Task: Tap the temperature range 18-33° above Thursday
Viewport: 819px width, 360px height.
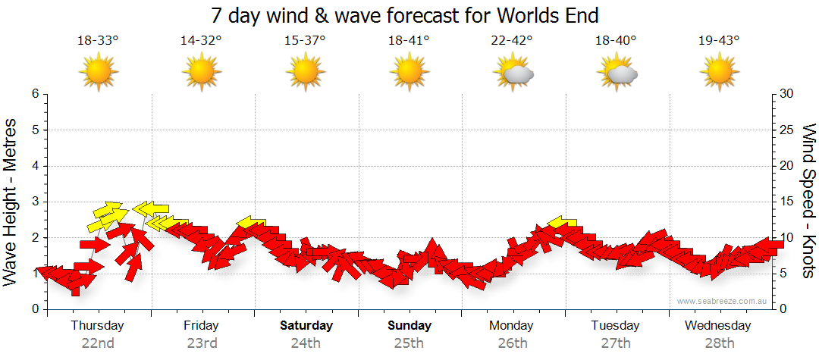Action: (x=98, y=41)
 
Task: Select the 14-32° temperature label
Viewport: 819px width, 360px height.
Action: (x=201, y=41)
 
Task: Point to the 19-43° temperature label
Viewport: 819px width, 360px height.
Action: (x=719, y=41)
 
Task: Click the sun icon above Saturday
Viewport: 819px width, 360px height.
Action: (x=305, y=73)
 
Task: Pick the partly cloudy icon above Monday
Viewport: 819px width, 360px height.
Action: (x=513, y=74)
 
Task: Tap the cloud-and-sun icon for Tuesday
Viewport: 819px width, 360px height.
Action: (x=617, y=74)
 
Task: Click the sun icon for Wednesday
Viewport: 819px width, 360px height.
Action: (x=719, y=73)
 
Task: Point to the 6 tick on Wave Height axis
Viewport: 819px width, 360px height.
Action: (x=35, y=94)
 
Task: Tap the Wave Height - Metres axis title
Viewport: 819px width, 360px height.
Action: (x=11, y=202)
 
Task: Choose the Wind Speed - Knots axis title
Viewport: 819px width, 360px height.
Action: (x=808, y=202)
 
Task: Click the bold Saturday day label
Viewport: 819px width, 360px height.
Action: (x=306, y=326)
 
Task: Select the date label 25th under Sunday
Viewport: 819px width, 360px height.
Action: (x=409, y=343)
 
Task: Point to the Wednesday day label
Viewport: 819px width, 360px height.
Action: (x=718, y=326)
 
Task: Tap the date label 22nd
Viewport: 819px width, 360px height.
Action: (x=98, y=343)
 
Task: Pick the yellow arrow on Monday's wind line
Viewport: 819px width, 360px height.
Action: (x=563, y=222)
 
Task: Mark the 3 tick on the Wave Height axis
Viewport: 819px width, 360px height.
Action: (x=35, y=202)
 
